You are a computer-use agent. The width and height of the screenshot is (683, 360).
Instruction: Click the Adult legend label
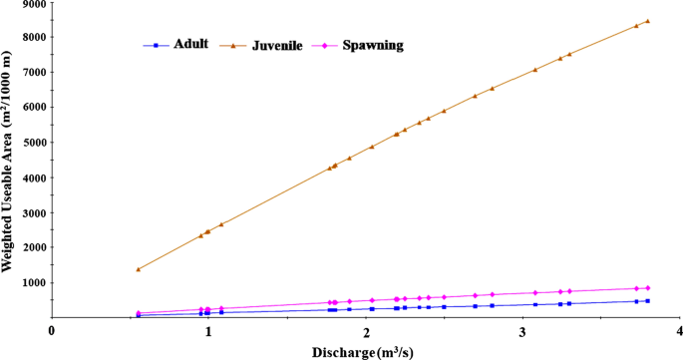190,44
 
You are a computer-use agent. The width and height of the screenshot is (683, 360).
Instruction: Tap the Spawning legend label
372,46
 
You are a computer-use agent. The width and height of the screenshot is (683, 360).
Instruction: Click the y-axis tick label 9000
33,4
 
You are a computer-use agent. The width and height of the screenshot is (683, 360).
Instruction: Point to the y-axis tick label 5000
33,142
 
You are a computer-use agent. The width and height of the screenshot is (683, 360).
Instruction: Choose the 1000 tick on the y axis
33,282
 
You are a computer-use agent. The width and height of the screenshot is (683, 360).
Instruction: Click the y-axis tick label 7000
33,72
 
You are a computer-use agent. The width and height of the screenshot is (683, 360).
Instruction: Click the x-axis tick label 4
679,330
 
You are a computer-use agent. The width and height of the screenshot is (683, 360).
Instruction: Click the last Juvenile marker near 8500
648,21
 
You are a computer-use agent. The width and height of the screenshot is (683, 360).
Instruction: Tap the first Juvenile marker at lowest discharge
139,269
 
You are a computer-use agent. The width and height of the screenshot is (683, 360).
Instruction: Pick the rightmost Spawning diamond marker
648,288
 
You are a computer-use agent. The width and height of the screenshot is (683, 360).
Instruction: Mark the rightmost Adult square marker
648,300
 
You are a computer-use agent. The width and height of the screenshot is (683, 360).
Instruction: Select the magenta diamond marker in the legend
326,46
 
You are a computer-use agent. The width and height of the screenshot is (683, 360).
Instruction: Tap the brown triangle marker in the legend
233,46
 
